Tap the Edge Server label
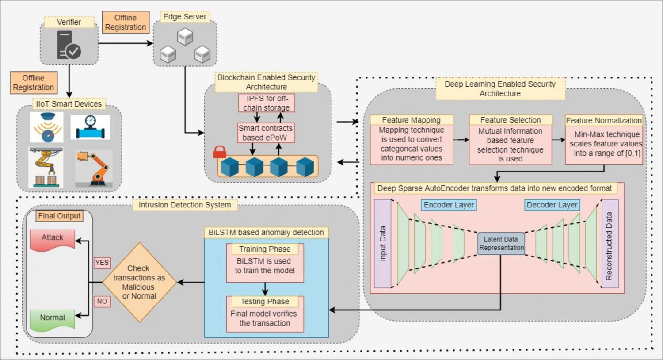(x=185, y=17)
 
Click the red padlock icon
(x=220, y=152)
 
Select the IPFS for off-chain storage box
(x=266, y=103)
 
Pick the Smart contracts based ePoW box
(x=266, y=133)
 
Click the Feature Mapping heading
(x=411, y=120)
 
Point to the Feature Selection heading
(x=511, y=120)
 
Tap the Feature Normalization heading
(x=604, y=120)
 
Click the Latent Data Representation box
(x=501, y=243)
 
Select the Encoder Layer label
(x=449, y=205)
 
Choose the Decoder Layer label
(x=552, y=205)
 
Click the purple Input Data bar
(x=383, y=244)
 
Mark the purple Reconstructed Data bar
(x=610, y=244)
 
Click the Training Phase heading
(x=265, y=249)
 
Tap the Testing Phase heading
(x=265, y=301)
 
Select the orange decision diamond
(x=139, y=282)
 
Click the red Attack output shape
(x=53, y=239)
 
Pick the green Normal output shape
(x=53, y=319)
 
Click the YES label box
(x=102, y=263)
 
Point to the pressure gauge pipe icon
(x=90, y=127)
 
